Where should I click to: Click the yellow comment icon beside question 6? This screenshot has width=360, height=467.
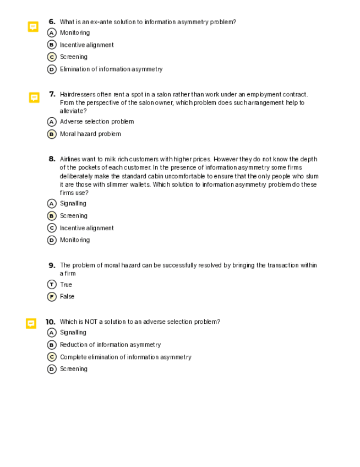point(33,26)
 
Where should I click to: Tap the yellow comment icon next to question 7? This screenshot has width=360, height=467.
point(34,97)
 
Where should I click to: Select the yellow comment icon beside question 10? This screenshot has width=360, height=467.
point(31,323)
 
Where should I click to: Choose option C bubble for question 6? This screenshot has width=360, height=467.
point(52,57)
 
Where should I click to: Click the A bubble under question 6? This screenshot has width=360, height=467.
point(52,33)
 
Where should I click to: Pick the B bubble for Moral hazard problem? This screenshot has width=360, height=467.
point(52,134)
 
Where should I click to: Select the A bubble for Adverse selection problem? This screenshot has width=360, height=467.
point(52,122)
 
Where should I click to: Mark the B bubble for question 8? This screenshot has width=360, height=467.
point(52,216)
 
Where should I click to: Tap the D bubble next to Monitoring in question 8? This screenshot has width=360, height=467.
point(52,240)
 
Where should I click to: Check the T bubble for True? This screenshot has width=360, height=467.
point(52,285)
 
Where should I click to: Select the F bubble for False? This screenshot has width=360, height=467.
point(52,296)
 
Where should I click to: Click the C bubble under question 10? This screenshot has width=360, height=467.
point(52,357)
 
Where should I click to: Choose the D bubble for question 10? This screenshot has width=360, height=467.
point(52,369)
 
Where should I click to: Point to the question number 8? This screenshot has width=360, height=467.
point(52,159)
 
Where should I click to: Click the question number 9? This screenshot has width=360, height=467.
point(52,265)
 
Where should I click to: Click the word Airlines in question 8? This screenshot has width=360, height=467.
point(70,159)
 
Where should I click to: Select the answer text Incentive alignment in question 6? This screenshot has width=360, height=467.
point(87,45)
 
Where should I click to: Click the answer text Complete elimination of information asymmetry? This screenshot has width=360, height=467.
point(126,357)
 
